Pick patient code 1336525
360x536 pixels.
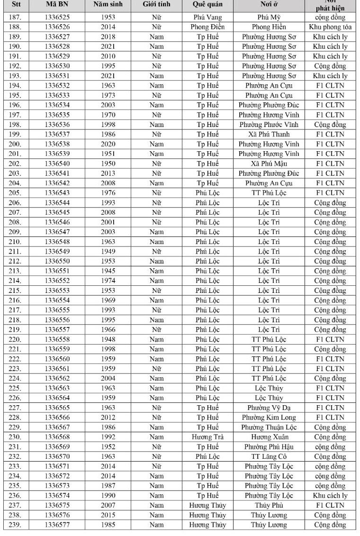pos(57,17)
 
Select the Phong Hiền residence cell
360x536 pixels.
pos(269,27)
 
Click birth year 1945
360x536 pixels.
pos(108,271)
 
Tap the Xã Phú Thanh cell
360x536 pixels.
pos(269,134)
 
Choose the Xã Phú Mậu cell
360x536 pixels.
pos(269,164)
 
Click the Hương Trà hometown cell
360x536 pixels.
pos(207,437)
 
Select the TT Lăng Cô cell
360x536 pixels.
pos(269,456)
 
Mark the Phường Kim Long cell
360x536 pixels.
pos(269,418)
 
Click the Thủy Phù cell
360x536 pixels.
pos(269,505)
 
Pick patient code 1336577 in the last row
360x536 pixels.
pos(57,525)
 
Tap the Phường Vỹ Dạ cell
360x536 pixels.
pos(269,408)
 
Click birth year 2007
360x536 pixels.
pos(108,505)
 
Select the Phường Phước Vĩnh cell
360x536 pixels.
pos(269,125)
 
